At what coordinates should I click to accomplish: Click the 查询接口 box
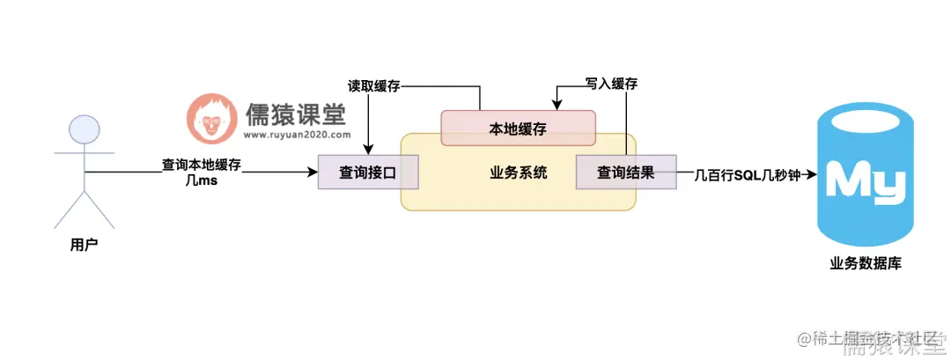[x=368, y=173]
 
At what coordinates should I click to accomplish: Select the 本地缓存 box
[x=518, y=129]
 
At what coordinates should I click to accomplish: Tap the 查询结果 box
[x=625, y=173]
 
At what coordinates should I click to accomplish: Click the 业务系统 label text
[x=518, y=173]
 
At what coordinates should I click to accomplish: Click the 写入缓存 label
[x=611, y=84]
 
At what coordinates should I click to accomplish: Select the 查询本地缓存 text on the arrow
[x=202, y=164]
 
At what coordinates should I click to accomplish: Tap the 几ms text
[x=202, y=180]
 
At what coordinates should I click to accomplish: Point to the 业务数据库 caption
[x=866, y=262]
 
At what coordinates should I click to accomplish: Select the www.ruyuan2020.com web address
[x=297, y=136]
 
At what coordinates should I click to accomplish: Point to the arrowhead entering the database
[x=811, y=173]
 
